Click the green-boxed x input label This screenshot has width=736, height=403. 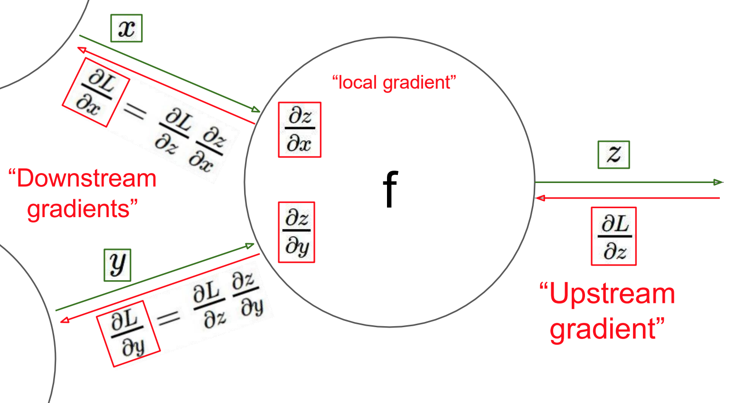tap(126, 28)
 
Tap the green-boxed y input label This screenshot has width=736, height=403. tap(117, 265)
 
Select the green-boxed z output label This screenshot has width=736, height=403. tap(613, 155)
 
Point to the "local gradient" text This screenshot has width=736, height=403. tap(394, 82)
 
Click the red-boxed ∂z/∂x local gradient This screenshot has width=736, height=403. tap(300, 129)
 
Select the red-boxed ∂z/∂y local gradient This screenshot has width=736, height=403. tap(296, 232)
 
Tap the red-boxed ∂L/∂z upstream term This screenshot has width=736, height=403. tap(613, 236)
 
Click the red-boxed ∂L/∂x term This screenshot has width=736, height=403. tap(95, 92)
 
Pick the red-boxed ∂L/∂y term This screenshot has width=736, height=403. tap(128, 334)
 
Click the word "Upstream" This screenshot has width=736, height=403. tap(612, 293)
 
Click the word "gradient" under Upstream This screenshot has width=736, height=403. tap(603, 328)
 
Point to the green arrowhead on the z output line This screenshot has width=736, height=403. tap(718, 182)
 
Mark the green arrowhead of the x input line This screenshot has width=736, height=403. tap(256, 110)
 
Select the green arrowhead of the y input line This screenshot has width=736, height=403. tap(250, 246)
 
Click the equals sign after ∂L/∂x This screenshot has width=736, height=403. tap(134, 112)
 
